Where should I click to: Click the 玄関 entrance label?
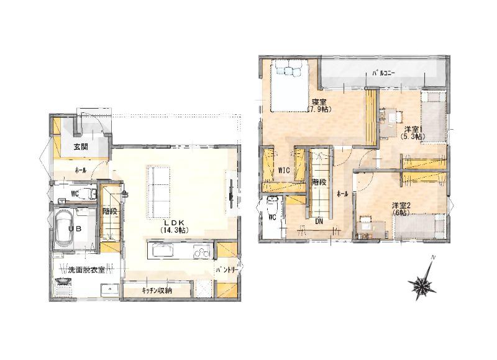point(81,147)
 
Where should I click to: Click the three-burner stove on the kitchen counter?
point(202,252)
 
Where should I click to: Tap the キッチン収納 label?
point(157,290)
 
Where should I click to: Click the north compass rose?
point(422,281)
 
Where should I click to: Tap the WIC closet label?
point(284,170)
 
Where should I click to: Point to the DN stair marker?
point(319,222)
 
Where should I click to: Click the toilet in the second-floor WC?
point(273,207)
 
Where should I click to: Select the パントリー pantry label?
point(227,270)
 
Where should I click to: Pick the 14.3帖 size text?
point(175,230)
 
